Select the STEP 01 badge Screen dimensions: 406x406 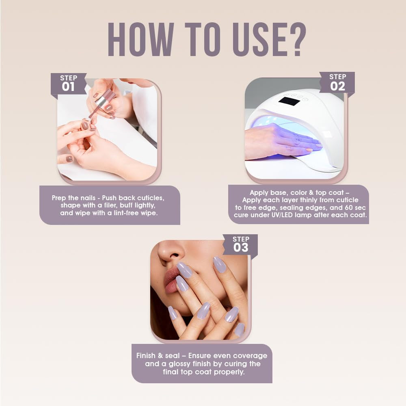click(x=68, y=83)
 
